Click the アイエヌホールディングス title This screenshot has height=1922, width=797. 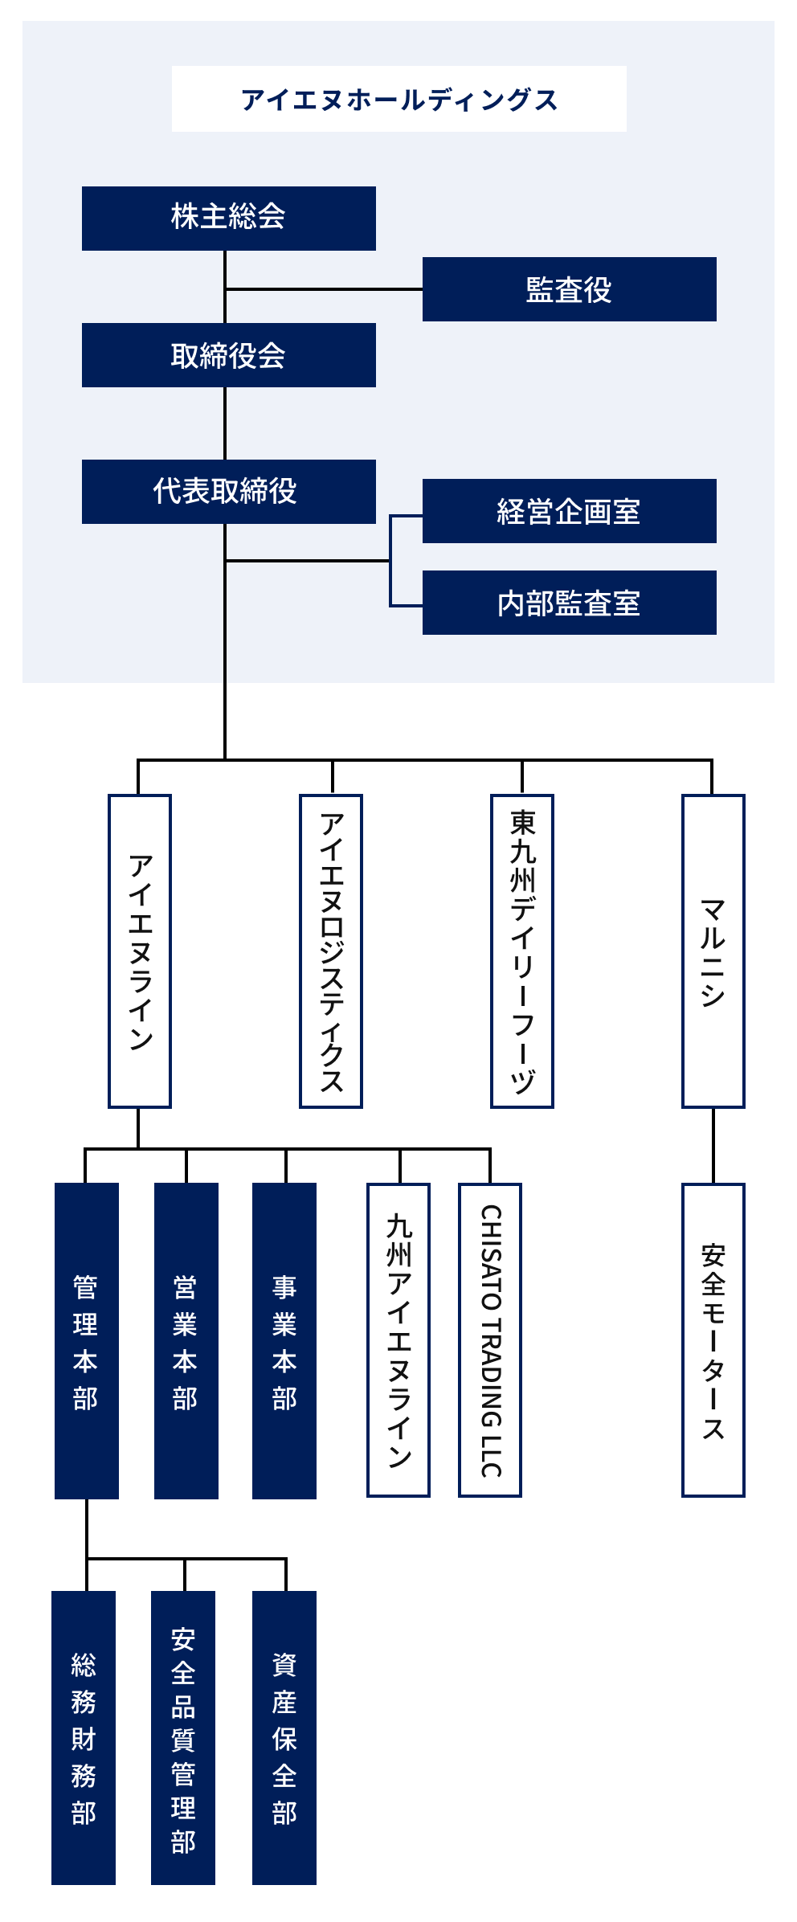click(399, 99)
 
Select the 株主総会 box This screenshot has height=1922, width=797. click(229, 218)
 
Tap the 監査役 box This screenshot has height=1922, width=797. click(569, 289)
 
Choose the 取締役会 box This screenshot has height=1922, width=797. click(229, 355)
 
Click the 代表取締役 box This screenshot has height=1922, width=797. click(229, 492)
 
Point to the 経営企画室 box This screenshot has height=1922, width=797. click(569, 511)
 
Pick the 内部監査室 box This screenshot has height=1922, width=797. click(569, 603)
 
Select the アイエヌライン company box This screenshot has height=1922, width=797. click(140, 951)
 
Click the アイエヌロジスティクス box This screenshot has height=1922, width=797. click(331, 951)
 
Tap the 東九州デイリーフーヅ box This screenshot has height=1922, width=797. click(522, 951)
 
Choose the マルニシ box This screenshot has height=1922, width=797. click(713, 951)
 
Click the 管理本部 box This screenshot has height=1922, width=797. click(87, 1340)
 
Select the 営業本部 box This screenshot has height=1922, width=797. click(186, 1340)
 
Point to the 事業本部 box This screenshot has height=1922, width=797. click(284, 1340)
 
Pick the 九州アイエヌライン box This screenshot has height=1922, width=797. click(398, 1340)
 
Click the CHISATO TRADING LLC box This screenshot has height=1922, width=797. click(490, 1340)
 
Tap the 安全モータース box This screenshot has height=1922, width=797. click(713, 1340)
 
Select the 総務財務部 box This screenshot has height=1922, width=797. click(84, 1737)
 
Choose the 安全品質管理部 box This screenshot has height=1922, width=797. click(183, 1737)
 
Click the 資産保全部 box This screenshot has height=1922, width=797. click(284, 1737)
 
